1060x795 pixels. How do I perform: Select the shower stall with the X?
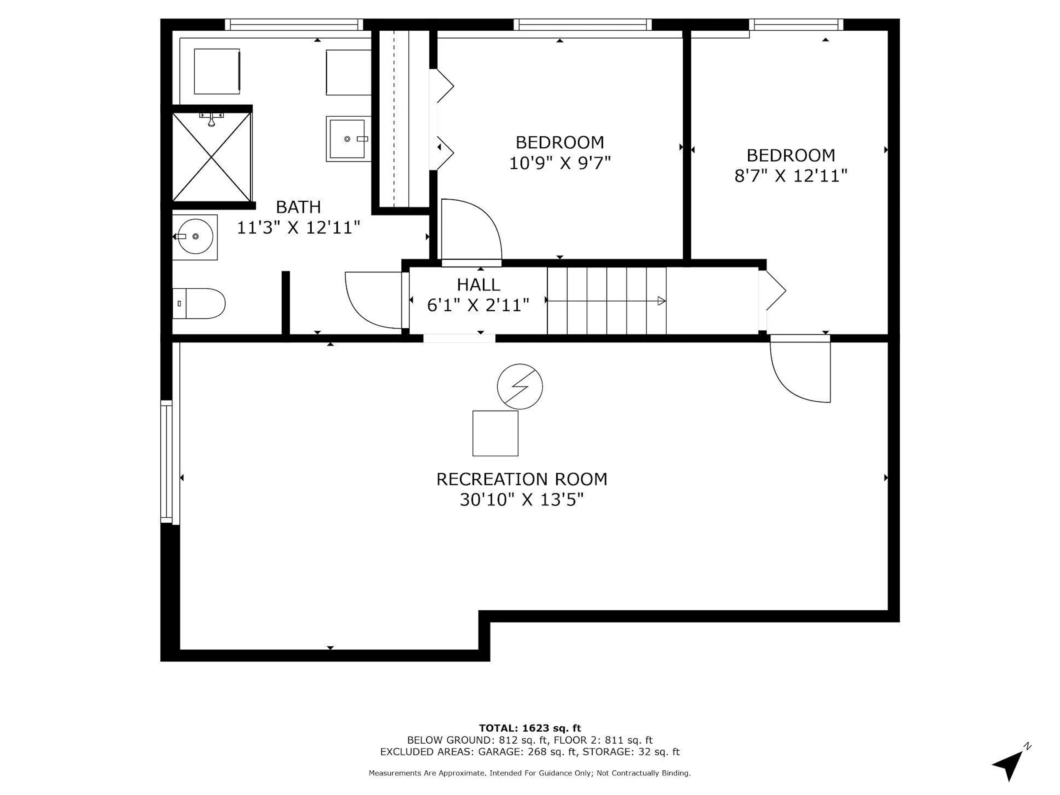[212, 157]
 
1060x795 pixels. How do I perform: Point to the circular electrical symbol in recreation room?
[520, 386]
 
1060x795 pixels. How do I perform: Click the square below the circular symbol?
[495, 433]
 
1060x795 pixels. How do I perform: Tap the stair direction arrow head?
[661, 301]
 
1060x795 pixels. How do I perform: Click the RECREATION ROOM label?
[521, 479]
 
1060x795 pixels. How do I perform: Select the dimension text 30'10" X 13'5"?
[521, 500]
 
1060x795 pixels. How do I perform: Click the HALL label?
[478, 285]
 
